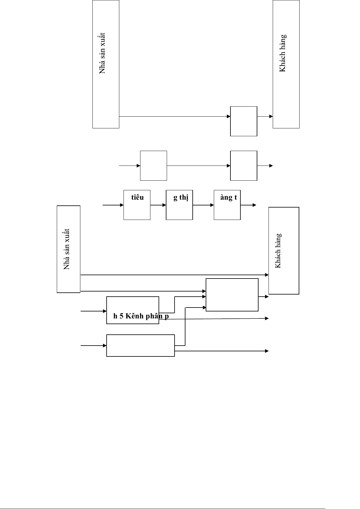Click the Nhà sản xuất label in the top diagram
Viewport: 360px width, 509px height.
[103, 53]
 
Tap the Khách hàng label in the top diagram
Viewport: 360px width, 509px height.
[283, 53]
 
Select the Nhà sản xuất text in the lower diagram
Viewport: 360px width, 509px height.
[66, 249]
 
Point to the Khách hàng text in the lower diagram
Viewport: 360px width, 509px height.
[278, 250]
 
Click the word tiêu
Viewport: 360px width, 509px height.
[137, 198]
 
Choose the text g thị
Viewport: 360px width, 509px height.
[181, 198]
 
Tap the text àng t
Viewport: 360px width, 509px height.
[228, 198]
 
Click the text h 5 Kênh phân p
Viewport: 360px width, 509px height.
[141, 316]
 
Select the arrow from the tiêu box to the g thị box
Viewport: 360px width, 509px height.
[158, 205]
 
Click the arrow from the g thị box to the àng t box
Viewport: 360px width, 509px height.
[203, 205]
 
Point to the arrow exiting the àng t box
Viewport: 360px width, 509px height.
[248, 205]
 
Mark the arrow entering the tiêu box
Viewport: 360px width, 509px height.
[113, 205]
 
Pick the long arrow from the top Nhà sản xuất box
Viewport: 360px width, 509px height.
[175, 116]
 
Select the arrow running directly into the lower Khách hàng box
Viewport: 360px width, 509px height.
[175, 275]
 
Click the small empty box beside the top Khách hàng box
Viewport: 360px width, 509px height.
[243, 121]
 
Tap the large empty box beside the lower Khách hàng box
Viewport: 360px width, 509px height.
[232, 295]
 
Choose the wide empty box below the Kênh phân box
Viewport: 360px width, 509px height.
[140, 346]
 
